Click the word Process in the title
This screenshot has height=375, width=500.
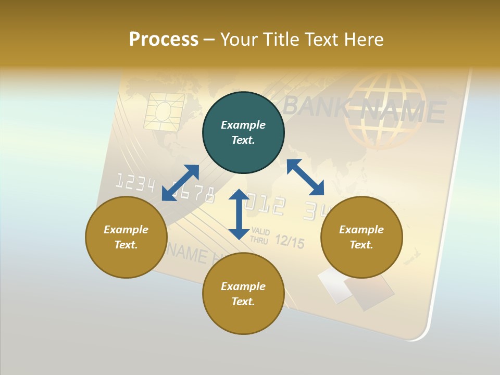(x=164, y=40)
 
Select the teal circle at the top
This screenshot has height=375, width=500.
(x=243, y=133)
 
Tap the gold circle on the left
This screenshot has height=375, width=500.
(x=126, y=237)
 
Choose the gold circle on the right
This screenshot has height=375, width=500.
(x=361, y=237)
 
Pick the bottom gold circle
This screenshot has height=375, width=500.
(x=243, y=294)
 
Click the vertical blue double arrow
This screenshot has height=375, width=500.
(x=239, y=214)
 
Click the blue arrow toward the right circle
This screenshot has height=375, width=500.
(x=306, y=177)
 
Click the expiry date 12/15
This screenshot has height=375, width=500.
(x=289, y=241)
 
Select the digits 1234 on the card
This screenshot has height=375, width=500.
(x=134, y=183)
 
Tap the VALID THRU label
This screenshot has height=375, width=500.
(x=259, y=235)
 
